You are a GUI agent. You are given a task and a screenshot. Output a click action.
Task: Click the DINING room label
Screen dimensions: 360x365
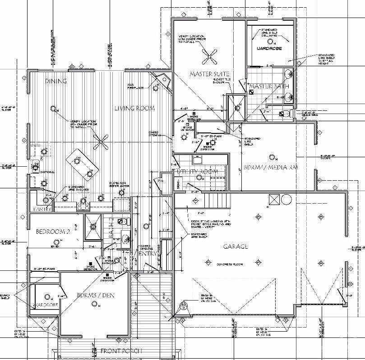[x=56, y=81]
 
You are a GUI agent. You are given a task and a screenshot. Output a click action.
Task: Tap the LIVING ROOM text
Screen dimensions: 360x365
[x=134, y=108]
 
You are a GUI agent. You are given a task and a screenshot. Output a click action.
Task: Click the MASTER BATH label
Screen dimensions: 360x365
[x=265, y=86]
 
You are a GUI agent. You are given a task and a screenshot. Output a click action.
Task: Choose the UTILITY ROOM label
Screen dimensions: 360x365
[x=199, y=172]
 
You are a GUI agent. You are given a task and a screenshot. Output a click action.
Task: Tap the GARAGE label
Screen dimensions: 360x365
[x=235, y=246]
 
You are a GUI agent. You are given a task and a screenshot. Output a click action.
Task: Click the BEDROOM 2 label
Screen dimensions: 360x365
[x=53, y=232]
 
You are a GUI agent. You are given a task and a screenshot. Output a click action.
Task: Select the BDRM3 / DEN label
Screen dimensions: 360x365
[x=94, y=295]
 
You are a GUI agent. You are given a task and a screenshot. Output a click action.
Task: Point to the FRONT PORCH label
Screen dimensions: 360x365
[x=121, y=351]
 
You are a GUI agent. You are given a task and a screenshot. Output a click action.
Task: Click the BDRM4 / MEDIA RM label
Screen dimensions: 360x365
[x=270, y=167]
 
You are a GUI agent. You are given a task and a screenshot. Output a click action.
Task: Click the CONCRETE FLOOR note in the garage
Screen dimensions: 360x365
[x=229, y=264]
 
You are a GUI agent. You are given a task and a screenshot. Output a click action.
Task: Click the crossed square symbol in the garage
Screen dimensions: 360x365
[x=273, y=200]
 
